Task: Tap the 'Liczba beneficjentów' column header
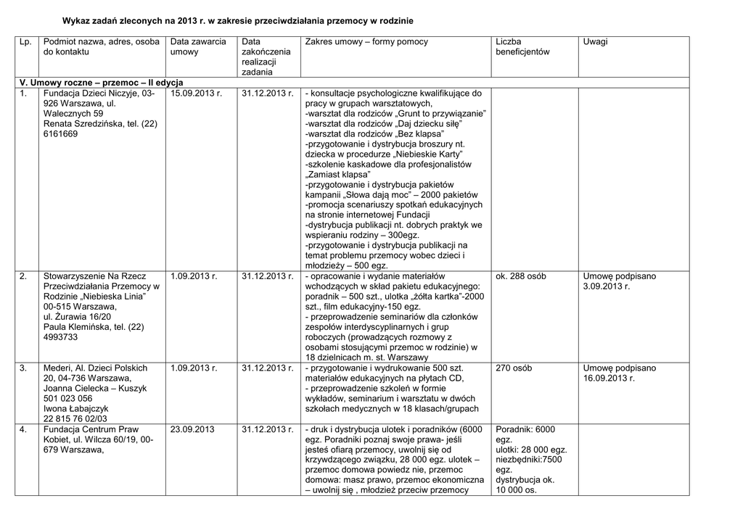click(522, 47)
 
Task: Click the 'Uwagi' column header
click(595, 42)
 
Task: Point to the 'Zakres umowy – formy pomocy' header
click(366, 42)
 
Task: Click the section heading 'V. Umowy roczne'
click(101, 83)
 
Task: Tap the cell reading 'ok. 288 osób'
click(521, 276)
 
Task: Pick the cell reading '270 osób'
click(514, 368)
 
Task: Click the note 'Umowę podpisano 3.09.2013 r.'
click(619, 281)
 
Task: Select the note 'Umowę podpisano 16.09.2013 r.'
click(619, 373)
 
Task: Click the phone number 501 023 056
click(68, 398)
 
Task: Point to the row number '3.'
click(24, 368)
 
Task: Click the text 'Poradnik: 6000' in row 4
click(525, 429)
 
